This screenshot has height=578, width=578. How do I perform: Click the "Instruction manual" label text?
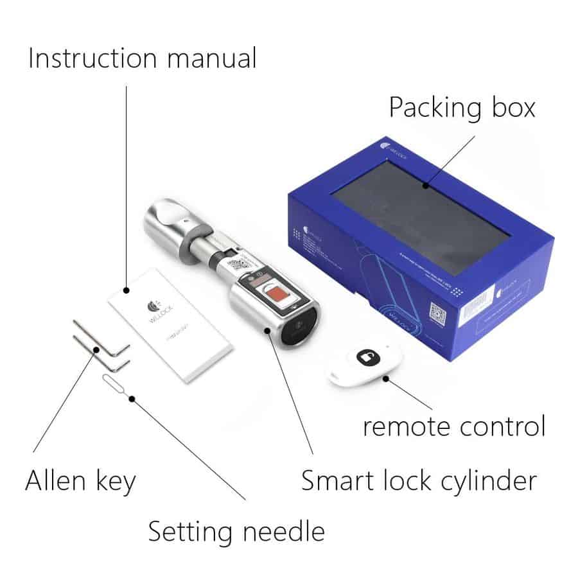(142, 58)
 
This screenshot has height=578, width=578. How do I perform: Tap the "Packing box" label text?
(462, 107)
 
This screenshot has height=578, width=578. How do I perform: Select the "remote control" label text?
(453, 426)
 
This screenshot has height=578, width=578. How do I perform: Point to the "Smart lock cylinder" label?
(419, 480)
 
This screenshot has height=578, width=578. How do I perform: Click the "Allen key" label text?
(80, 480)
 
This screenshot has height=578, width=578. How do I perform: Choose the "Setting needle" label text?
(236, 532)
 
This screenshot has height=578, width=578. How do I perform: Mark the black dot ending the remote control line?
(386, 378)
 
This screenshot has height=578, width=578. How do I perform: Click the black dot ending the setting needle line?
(132, 398)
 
